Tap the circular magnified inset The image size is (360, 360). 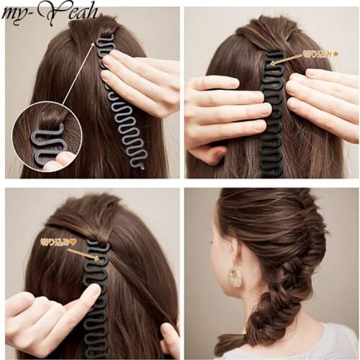point(47,137)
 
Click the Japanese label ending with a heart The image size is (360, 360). point(58,243)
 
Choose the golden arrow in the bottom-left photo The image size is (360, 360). point(84,253)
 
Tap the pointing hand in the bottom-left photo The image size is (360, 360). point(54,313)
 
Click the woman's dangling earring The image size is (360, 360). point(235,276)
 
